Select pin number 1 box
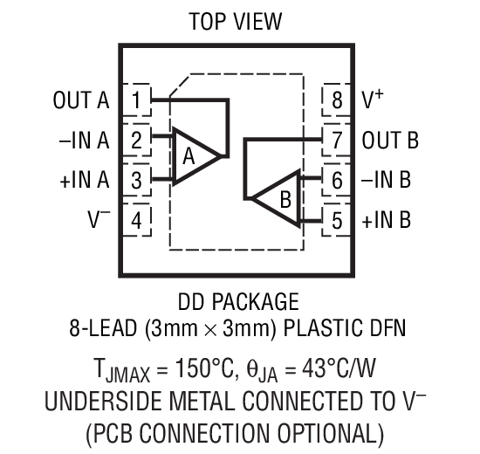(x=136, y=100)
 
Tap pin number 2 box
(x=136, y=140)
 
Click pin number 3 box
(x=136, y=180)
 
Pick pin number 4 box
(x=136, y=220)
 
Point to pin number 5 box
(x=337, y=220)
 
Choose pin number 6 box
(x=337, y=180)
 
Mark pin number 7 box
(x=337, y=140)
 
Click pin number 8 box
(x=337, y=100)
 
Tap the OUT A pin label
(x=80, y=100)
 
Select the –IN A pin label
(x=83, y=141)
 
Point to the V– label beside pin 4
(x=98, y=220)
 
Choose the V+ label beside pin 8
(x=373, y=100)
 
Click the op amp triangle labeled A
(x=192, y=157)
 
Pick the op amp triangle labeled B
(x=278, y=198)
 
